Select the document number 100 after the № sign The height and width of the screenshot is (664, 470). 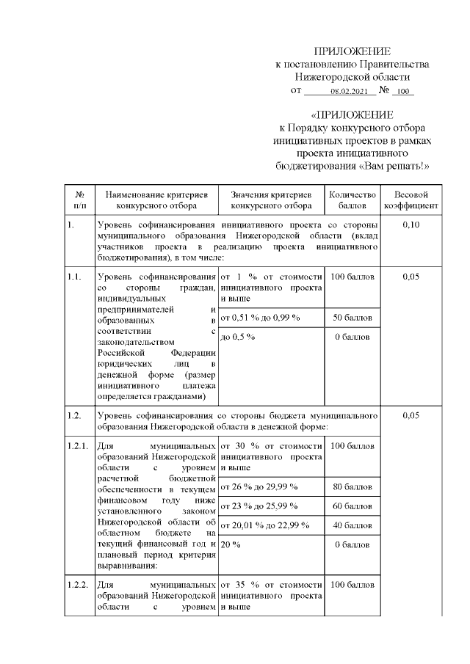coord(402,92)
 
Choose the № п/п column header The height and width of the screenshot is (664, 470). coord(79,200)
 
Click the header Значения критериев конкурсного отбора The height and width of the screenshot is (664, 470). coord(271,200)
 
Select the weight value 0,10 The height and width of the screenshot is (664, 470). coord(411,225)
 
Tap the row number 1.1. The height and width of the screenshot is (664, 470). coord(73,277)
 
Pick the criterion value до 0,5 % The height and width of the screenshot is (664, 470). coord(237,336)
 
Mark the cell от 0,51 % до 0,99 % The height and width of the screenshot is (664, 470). coord(261,317)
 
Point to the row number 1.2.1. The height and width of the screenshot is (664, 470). coord(77,445)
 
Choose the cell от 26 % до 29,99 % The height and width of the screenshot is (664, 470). coord(258,486)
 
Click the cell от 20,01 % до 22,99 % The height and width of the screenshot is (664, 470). coord(264,525)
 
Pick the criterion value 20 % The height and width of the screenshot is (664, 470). coord(231,544)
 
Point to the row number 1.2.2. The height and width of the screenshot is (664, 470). coord(77,585)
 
